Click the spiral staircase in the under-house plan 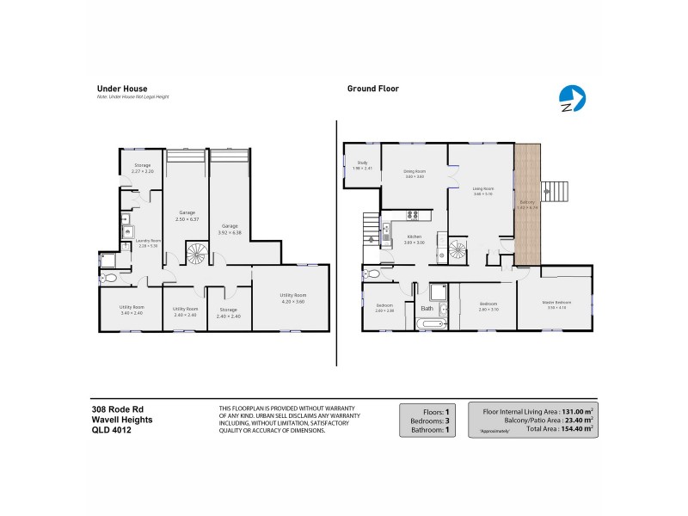[197, 254]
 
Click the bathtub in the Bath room [428, 324]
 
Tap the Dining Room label [415, 171]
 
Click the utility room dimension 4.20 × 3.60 [292, 298]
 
